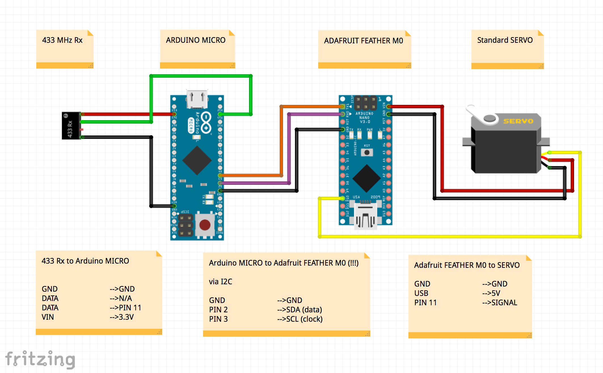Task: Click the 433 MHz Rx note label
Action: [62, 40]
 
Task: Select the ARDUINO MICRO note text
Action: [195, 40]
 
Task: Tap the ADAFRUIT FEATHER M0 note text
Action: [363, 41]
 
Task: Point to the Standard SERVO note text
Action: [505, 40]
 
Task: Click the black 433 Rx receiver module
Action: [71, 126]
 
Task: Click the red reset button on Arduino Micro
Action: [205, 225]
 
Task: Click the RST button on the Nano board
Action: [367, 152]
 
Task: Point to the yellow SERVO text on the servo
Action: [518, 121]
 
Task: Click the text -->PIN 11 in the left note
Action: [125, 308]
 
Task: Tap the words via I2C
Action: [220, 282]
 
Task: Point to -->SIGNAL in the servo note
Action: [499, 303]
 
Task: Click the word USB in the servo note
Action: [421, 293]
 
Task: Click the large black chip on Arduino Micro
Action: [197, 160]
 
